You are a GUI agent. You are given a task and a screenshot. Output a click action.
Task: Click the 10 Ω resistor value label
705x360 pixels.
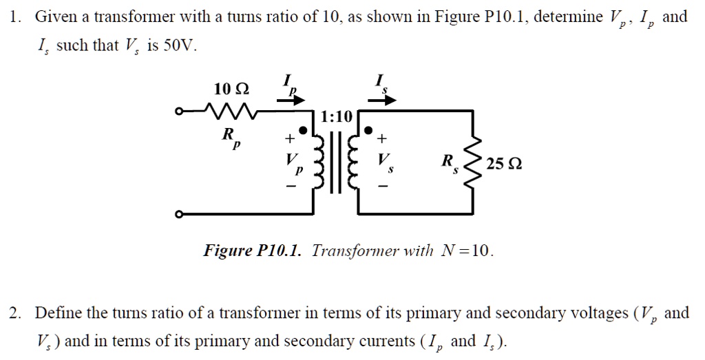(231, 89)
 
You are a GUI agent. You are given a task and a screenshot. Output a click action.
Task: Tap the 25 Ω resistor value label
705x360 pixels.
(503, 165)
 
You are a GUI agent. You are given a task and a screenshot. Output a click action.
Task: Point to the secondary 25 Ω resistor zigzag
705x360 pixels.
(472, 165)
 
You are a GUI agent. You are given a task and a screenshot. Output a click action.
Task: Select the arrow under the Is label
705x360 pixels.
(382, 100)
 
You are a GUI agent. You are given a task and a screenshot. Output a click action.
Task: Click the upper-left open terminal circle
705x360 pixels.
(179, 111)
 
